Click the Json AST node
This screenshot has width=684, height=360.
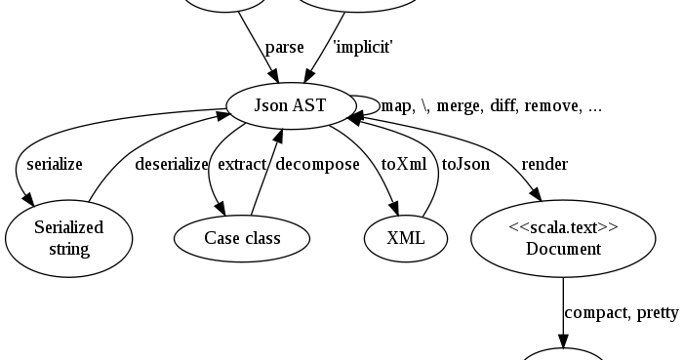[290, 105]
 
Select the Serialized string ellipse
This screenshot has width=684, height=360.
[68, 238]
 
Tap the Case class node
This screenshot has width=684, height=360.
[242, 238]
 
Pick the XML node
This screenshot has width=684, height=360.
[406, 238]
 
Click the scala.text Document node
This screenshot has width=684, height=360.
[563, 238]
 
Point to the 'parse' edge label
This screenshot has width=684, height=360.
[284, 47]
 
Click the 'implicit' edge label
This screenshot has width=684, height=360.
[363, 47]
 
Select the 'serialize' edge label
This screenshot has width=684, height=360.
[55, 164]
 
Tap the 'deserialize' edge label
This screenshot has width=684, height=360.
[171, 164]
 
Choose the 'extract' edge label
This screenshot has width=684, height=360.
[242, 164]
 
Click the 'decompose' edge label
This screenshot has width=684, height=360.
[317, 164]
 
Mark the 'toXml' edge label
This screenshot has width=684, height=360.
[403, 164]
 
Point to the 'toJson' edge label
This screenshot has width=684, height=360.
[465, 164]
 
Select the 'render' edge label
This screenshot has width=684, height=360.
[544, 164]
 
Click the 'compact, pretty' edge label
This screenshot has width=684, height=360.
[622, 312]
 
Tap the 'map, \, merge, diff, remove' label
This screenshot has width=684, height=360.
[491, 105]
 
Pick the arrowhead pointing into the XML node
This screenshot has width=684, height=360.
[396, 209]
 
